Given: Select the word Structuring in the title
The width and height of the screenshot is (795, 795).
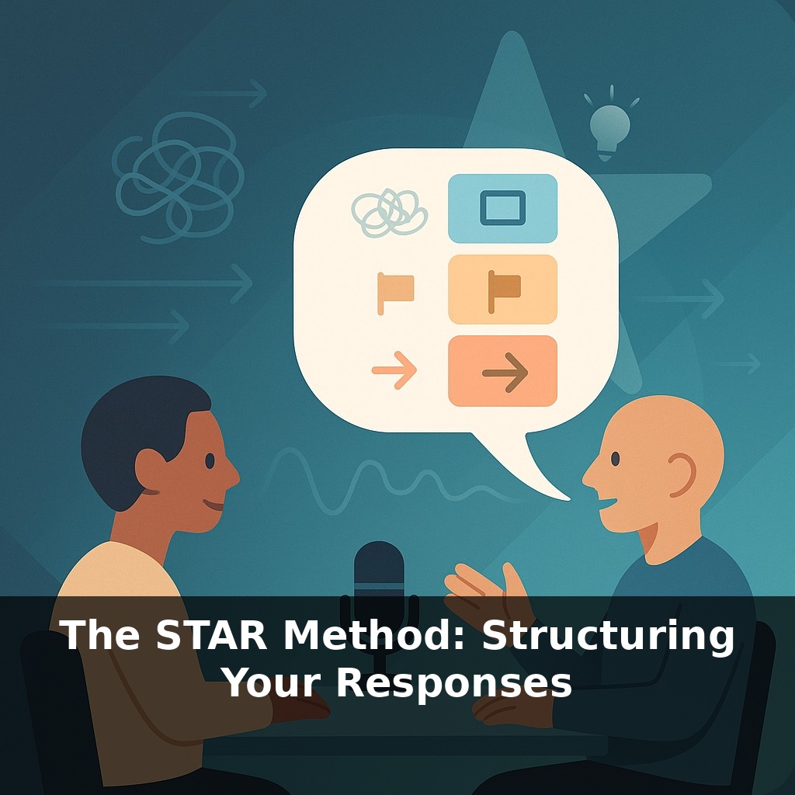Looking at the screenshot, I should pos(608,637).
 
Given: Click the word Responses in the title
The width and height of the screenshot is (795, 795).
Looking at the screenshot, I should pos(453,684).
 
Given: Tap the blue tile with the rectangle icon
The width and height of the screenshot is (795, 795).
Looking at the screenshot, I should pos(502,208).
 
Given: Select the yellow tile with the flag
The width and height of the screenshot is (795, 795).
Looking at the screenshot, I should pos(502,289).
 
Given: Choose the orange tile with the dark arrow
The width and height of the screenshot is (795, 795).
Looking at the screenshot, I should pos(502,371).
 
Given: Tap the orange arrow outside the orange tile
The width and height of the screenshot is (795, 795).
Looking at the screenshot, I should pos(394,371).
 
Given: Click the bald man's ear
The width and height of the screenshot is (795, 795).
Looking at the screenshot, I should pos(682,474).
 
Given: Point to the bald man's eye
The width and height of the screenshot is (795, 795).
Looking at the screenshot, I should pos(616,459).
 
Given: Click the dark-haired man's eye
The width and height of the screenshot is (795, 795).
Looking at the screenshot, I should pos(210,460).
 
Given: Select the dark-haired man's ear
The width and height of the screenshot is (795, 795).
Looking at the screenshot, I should pos(151,469).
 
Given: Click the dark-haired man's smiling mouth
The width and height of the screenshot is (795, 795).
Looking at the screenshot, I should pos(214,505).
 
